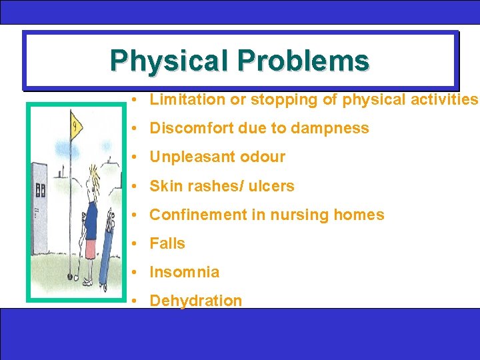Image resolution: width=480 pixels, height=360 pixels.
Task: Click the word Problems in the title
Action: tap(303, 61)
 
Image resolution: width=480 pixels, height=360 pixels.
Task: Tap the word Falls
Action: tap(167, 243)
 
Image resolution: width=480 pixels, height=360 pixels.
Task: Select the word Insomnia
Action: tap(184, 272)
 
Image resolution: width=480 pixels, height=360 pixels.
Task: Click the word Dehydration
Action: tap(196, 301)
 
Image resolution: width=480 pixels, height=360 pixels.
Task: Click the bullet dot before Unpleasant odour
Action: tap(135, 157)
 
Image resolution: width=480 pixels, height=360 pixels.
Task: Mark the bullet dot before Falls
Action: tap(135, 244)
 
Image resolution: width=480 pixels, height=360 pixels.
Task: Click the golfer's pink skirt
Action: tap(91, 248)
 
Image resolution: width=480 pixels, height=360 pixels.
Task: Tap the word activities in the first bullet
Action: tap(445, 100)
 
